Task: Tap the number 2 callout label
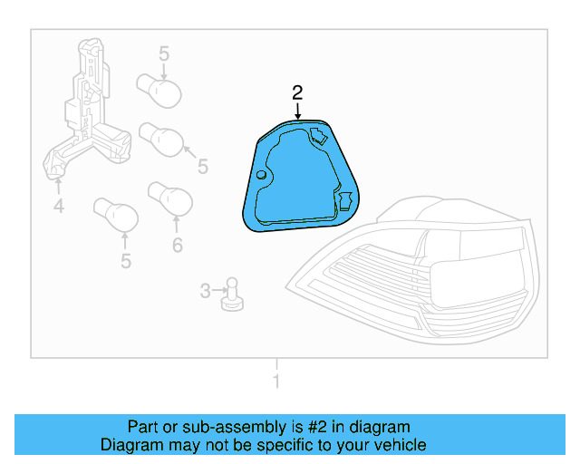tap(297, 92)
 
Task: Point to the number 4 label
tap(58, 208)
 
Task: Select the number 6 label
tap(177, 245)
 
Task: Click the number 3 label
tap(205, 291)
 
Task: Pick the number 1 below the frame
tap(276, 382)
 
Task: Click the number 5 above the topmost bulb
tap(164, 54)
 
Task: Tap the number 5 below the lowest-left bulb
tap(125, 262)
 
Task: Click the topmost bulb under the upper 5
tap(159, 89)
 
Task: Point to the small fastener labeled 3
tap(231, 293)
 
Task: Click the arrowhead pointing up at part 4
tap(58, 184)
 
